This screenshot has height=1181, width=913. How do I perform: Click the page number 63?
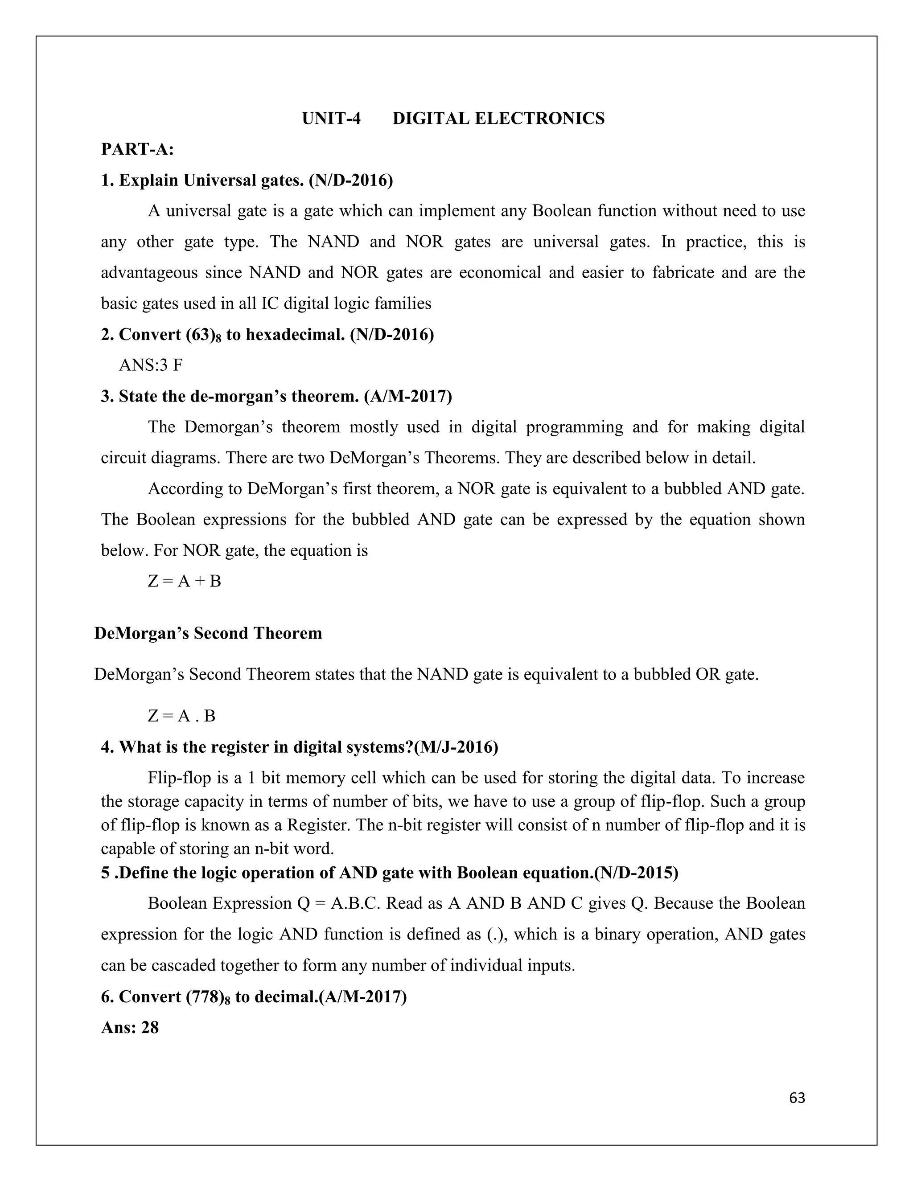pos(797,1098)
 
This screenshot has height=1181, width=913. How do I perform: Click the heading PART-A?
pos(137,149)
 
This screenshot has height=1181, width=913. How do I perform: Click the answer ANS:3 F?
pos(150,365)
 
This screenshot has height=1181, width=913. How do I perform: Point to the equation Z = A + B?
pos(185,581)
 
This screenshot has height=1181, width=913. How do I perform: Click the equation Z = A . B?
pos(182,716)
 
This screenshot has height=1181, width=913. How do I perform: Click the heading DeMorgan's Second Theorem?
pos(208,633)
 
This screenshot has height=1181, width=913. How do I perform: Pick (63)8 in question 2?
pos(203,335)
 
